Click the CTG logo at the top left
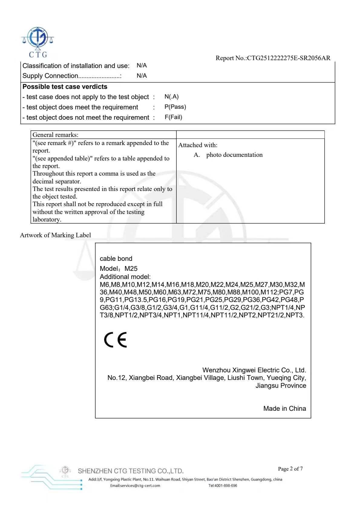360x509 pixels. (x=38, y=42)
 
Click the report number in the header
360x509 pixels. (x=273, y=58)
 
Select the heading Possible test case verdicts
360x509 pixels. (x=65, y=87)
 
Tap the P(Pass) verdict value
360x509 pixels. (x=175, y=107)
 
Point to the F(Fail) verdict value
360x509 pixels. (x=173, y=117)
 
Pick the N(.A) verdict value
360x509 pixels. (x=172, y=97)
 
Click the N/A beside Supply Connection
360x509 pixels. (x=142, y=76)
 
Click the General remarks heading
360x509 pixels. (x=55, y=135)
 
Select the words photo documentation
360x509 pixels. (x=234, y=155)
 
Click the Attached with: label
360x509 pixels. (x=198, y=145)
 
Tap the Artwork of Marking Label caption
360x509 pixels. (x=55, y=235)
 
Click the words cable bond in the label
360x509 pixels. (x=116, y=259)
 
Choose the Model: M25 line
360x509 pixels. (x=119, y=268)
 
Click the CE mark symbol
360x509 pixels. (x=115, y=340)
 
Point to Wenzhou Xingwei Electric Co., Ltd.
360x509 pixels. (x=254, y=370)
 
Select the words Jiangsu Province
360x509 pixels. (x=281, y=385)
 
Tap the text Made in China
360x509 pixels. (x=284, y=408)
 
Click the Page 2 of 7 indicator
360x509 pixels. (x=290, y=469)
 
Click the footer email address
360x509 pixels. (x=135, y=486)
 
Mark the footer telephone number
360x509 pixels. (x=223, y=486)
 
